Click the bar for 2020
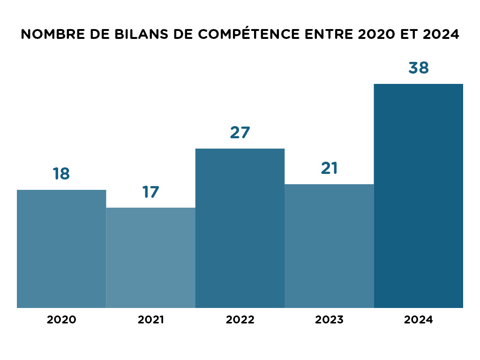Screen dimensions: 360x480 coord(61,248)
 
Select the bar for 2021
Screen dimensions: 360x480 coord(150,258)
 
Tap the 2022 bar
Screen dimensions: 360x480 coord(240,228)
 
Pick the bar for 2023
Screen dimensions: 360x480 coord(329,246)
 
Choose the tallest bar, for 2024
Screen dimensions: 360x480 coord(418,196)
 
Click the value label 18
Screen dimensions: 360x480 coord(61,174)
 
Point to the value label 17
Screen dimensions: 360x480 coord(150,192)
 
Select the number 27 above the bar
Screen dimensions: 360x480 coord(240,133)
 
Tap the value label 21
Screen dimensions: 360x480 coord(329,168)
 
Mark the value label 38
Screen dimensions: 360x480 coord(418,68)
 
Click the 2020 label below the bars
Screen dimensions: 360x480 coord(61,320)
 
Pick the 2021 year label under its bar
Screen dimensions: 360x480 coord(150,320)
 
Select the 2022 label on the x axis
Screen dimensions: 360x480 coord(240,320)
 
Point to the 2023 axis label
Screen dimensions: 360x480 coord(329,320)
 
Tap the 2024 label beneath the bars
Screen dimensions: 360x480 coord(418,320)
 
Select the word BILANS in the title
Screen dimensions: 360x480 coord(139,35)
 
